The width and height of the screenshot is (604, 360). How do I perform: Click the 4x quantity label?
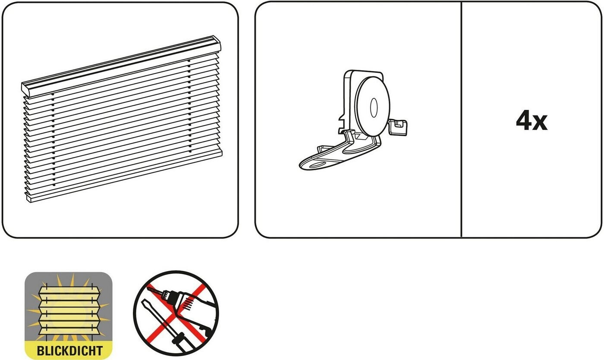[532, 120]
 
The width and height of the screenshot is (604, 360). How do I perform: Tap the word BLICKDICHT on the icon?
[69, 351]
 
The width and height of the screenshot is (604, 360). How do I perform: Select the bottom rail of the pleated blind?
[124, 178]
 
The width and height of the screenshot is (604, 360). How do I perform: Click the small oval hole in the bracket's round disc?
[374, 107]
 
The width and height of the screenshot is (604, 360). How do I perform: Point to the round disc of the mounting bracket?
[372, 106]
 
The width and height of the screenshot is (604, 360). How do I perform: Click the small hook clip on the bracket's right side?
[398, 127]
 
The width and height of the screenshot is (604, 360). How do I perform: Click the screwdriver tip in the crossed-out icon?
[144, 302]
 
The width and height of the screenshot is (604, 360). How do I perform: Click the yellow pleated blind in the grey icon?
[69, 310]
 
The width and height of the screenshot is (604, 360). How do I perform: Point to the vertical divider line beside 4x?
[461, 120]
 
